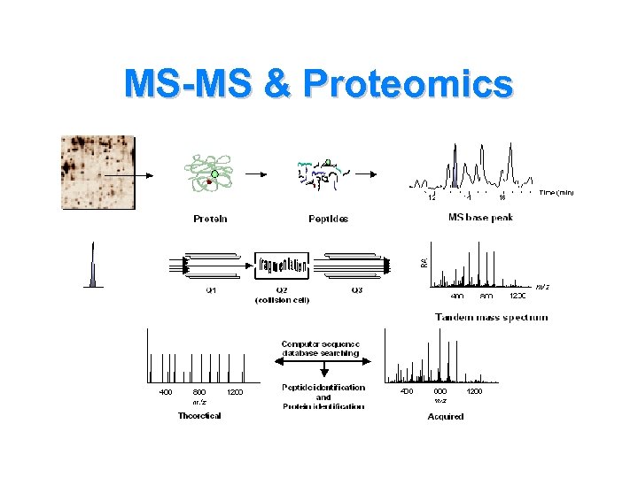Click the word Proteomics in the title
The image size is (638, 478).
(407, 84)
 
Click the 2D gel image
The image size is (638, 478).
(97, 173)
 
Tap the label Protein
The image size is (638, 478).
(210, 218)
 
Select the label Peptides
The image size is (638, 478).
(328, 218)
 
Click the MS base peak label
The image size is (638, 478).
(480, 218)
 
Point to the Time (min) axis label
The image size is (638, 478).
(556, 192)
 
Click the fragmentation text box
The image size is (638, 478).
(284, 263)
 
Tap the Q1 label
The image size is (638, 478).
(211, 289)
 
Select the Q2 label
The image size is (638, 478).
(282, 289)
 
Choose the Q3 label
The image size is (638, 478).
(356, 289)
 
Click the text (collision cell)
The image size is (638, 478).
(282, 299)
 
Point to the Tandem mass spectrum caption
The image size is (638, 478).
(491, 317)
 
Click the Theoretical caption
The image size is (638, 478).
(199, 415)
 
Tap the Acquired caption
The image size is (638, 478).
(445, 416)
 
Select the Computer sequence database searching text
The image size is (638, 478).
(320, 348)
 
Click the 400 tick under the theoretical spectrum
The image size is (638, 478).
(166, 391)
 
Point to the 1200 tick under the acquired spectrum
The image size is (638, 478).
(474, 391)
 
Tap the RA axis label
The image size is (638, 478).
(424, 262)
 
